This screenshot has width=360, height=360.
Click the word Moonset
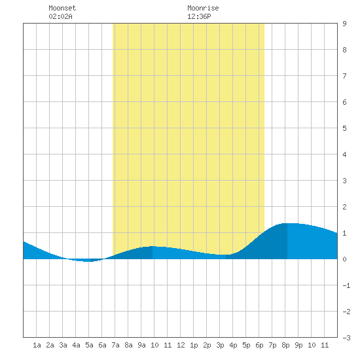coord(62,8)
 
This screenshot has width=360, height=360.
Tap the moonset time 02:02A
coord(60,16)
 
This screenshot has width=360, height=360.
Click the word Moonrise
coord(203,8)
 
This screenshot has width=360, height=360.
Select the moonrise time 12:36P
coord(199,16)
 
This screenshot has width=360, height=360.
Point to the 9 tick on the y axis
coord(344,24)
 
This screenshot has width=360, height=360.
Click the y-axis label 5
coord(344,128)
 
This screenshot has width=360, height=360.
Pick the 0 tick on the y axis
coord(344,259)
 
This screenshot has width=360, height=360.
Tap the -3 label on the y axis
coord(346,338)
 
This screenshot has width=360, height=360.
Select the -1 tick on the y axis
coord(346,285)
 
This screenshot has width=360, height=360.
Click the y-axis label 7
coord(344,76)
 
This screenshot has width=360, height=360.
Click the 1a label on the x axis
coord(37,345)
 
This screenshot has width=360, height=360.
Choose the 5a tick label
coord(89,345)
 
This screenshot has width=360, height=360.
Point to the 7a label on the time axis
coord(115,345)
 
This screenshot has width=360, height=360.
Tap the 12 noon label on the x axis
coord(181,345)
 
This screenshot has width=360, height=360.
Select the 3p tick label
coord(220,345)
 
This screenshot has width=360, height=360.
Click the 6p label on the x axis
coord(259,345)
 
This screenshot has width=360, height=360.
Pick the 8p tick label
coord(285,345)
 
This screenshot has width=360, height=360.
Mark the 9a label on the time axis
coord(141,345)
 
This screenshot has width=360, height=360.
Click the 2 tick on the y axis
coord(344,207)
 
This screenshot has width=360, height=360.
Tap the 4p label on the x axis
coord(233,345)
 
